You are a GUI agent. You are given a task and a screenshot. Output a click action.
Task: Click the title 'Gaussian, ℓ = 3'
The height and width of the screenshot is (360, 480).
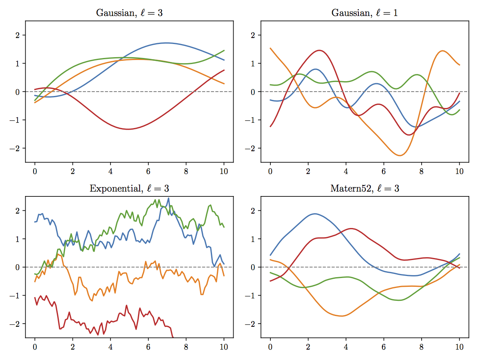click(129, 13)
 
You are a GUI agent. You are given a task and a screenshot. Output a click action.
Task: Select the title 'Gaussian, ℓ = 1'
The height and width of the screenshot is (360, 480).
click(364, 13)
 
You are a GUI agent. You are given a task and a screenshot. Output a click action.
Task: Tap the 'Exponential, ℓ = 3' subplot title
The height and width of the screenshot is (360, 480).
click(129, 188)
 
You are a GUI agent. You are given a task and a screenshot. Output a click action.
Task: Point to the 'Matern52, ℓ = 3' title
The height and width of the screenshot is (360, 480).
click(364, 188)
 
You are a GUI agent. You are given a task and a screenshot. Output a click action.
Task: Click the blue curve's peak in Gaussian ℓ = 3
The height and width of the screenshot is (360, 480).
click(167, 43)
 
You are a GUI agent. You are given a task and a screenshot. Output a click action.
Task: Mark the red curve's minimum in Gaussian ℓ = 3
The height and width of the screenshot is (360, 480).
click(128, 129)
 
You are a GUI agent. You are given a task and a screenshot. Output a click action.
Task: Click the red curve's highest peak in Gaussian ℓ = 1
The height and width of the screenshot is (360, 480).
click(320, 50)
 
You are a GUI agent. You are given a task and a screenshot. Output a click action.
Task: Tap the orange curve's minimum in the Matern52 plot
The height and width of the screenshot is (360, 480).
click(342, 316)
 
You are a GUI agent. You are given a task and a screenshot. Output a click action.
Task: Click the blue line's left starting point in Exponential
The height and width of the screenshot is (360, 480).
click(35, 222)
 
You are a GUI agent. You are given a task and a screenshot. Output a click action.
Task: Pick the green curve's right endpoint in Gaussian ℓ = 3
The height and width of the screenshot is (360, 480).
click(224, 50)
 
